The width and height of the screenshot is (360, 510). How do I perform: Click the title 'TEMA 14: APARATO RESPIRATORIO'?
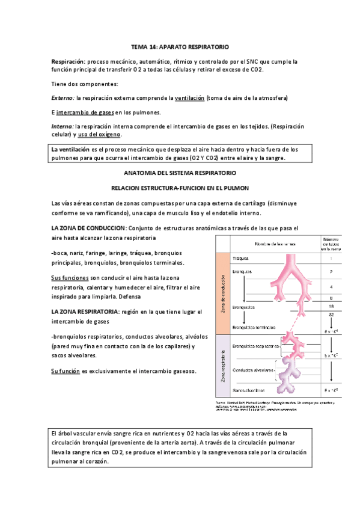coord(180,46)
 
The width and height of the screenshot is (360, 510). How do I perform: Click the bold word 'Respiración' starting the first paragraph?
coord(68,61)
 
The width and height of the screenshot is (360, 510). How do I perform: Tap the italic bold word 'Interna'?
coord(62,126)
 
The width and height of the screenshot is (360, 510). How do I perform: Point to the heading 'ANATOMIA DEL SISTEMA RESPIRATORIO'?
coord(180,173)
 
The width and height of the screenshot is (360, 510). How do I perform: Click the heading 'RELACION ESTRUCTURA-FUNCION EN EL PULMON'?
coord(180,188)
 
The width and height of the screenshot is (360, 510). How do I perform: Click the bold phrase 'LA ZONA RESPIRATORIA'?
coord(84,312)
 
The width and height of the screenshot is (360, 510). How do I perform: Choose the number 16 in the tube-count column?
coord(331,306)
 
